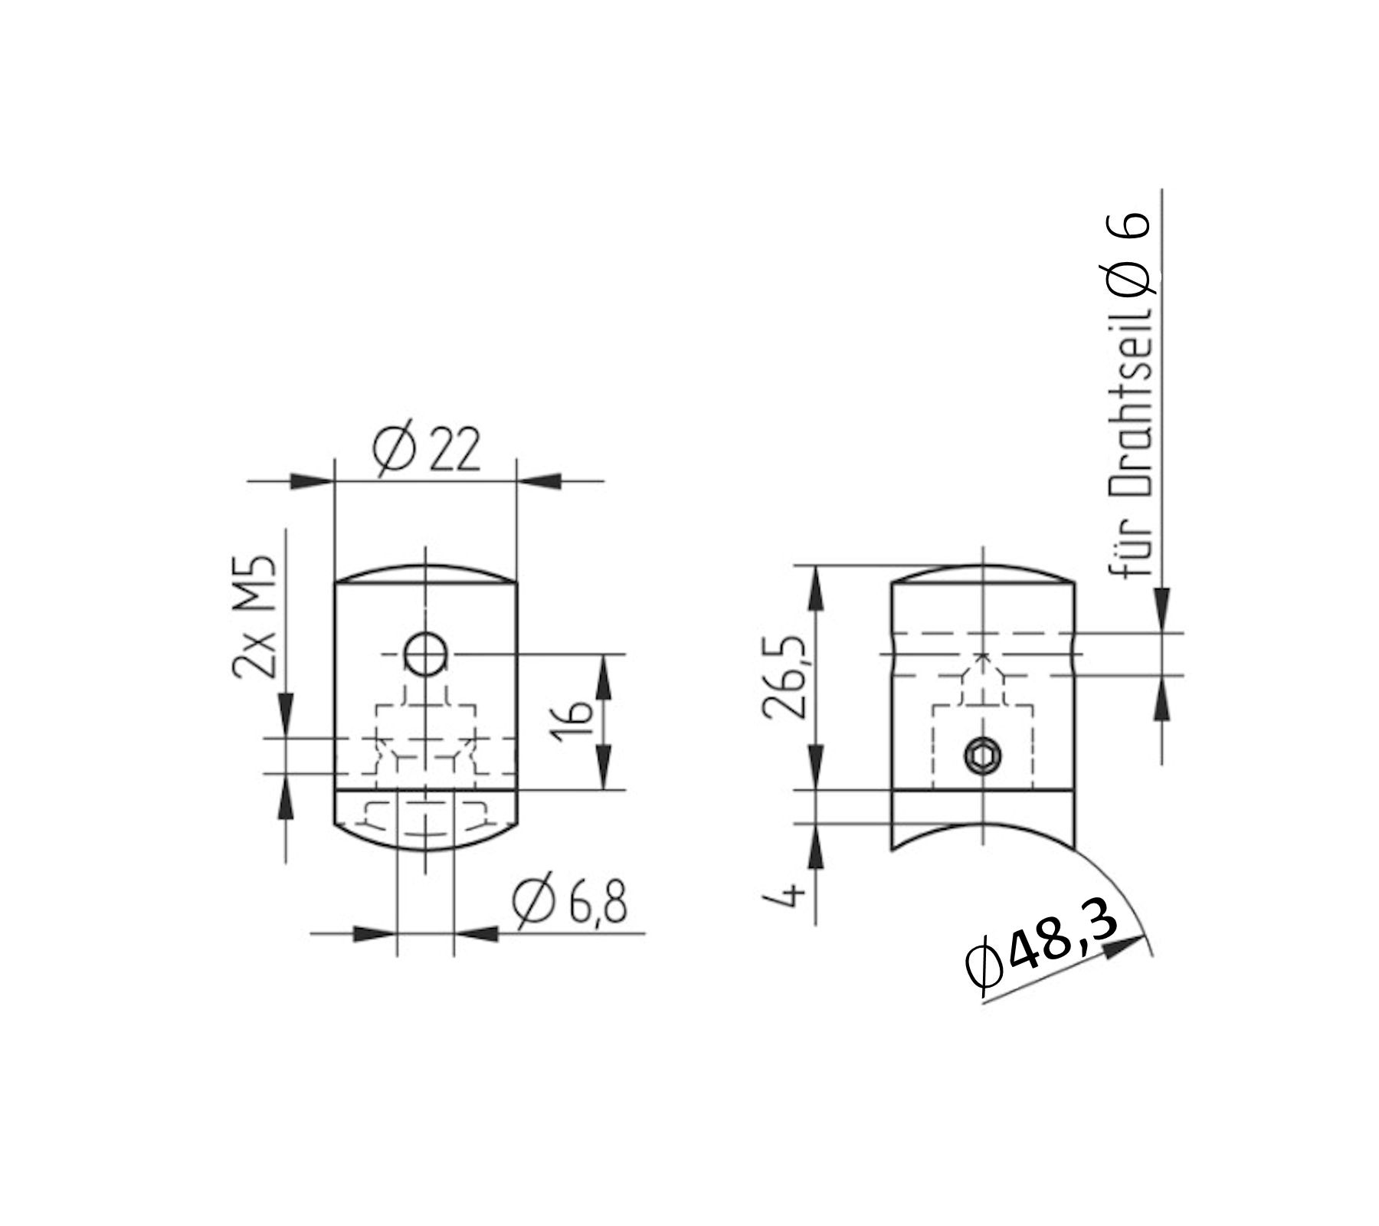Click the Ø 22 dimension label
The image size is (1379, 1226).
(x=426, y=450)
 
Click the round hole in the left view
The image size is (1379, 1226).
(x=426, y=654)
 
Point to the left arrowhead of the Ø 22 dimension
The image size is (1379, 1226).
(x=313, y=481)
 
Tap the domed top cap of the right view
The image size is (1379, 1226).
(x=982, y=575)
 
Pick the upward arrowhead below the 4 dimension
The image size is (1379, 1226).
(x=816, y=846)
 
